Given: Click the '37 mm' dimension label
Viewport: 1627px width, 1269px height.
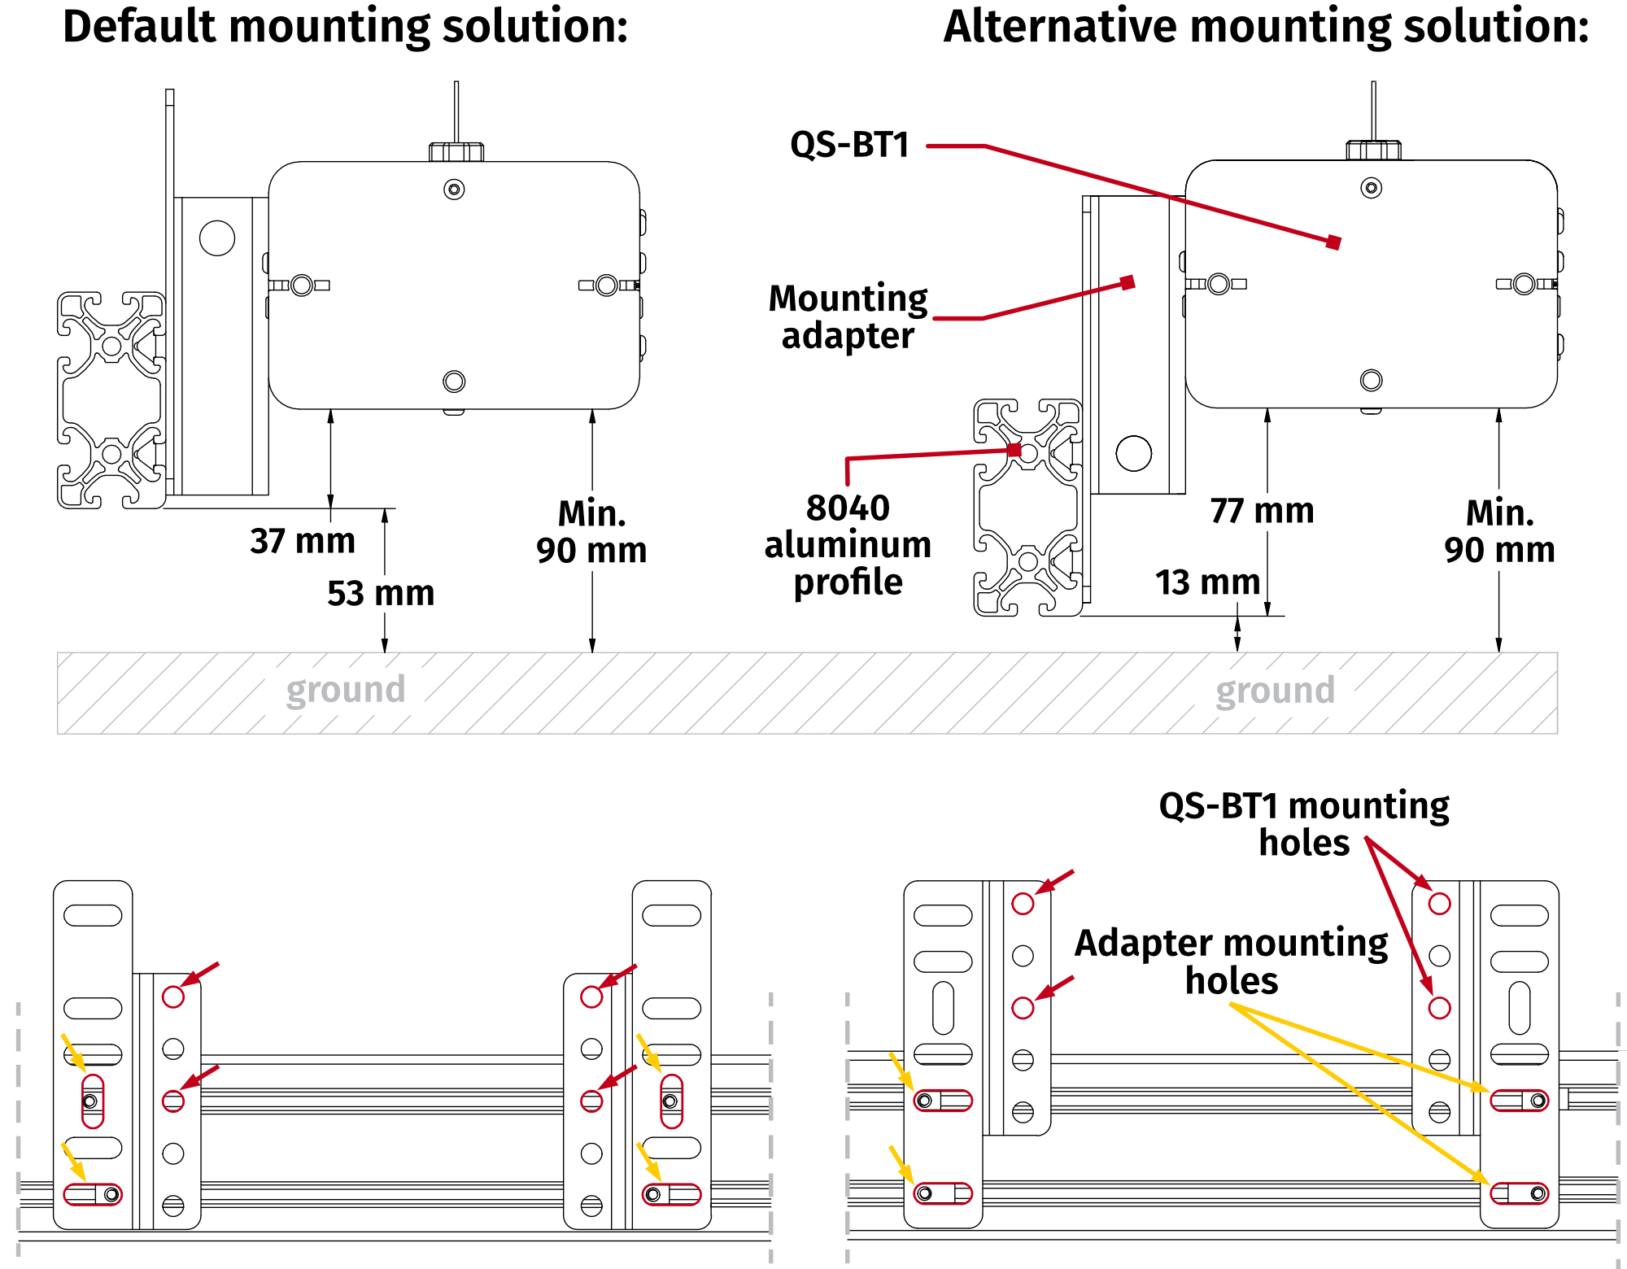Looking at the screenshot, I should [303, 541].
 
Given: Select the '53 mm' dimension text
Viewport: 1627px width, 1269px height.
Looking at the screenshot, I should [381, 593].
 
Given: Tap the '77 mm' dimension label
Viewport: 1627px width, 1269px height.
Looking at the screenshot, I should [1262, 511].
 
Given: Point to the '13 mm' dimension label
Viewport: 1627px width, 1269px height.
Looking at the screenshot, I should [1207, 582].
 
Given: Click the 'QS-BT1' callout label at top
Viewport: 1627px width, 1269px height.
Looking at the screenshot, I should [849, 145].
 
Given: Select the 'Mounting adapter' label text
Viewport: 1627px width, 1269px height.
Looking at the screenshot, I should [848, 317].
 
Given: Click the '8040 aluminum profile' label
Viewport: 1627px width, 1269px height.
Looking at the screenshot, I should [848, 544].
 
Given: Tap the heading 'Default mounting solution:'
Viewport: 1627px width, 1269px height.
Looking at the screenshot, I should [345, 26].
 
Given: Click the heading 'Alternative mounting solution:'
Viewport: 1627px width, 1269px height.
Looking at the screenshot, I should [1266, 26].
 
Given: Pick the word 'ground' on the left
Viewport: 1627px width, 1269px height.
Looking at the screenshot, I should [346, 690].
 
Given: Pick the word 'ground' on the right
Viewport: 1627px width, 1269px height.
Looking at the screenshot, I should [1275, 691].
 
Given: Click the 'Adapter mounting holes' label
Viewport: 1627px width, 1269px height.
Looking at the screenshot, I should [1231, 962].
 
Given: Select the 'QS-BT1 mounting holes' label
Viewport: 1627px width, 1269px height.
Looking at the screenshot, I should [1303, 823].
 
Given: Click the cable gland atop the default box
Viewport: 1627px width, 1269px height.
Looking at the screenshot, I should [456, 151].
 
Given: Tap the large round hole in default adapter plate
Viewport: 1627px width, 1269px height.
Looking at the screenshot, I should [217, 238].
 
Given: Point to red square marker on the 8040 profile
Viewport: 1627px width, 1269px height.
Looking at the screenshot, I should [1014, 450].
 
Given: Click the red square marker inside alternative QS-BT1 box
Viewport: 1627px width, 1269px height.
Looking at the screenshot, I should [1333, 242].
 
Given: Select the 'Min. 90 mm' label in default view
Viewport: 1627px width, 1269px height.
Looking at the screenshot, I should [591, 532].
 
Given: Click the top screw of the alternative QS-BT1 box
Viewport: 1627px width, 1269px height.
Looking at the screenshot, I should [1372, 188].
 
